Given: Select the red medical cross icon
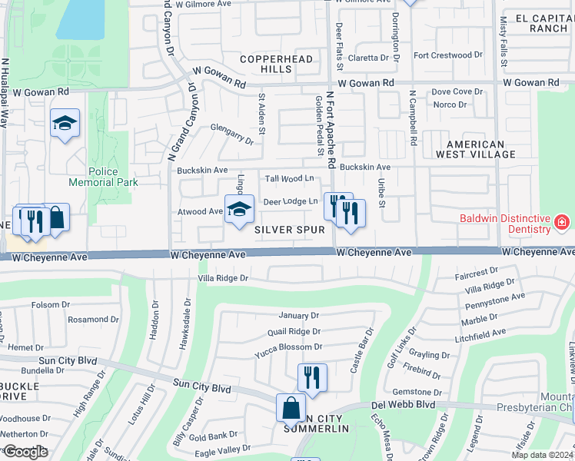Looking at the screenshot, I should [562, 223].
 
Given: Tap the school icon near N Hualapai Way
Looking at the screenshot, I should [65, 123].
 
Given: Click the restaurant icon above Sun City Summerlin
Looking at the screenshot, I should [312, 376].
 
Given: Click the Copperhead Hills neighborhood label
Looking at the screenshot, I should [266, 64].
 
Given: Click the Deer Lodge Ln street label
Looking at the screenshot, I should [291, 201].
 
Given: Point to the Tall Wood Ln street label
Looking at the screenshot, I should [290, 178].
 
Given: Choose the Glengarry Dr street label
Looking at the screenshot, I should [232, 135].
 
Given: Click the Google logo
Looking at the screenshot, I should [25, 452].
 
